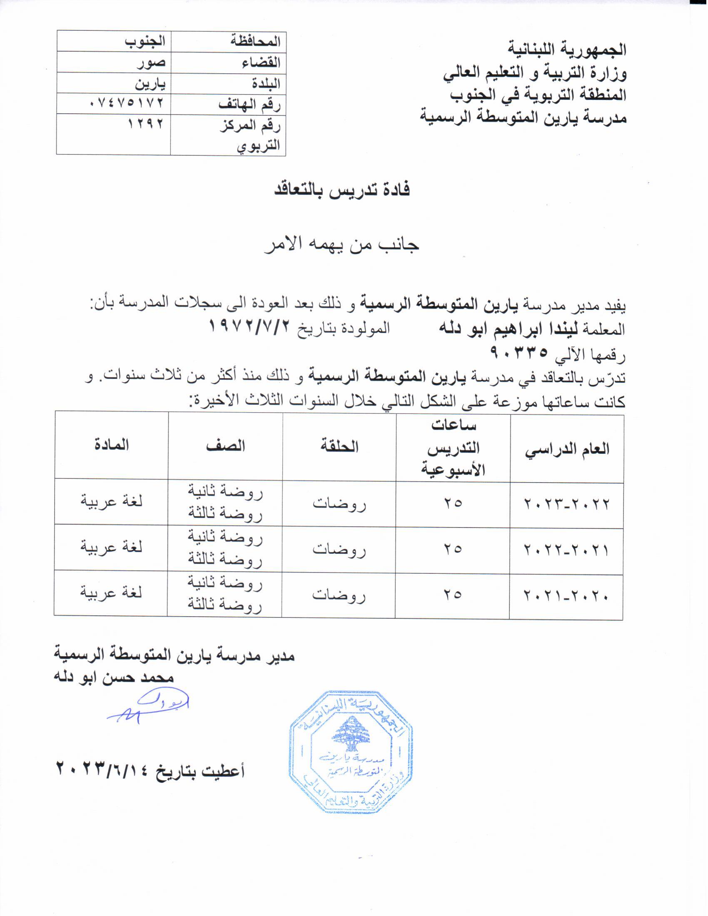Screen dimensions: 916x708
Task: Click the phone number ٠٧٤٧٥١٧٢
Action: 126,103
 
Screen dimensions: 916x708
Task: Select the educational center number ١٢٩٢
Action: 145,124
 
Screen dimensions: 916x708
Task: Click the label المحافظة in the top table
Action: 255,41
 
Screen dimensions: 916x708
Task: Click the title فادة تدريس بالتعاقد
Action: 342,190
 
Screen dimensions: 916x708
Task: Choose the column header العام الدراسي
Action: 567,449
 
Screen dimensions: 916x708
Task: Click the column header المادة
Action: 111,445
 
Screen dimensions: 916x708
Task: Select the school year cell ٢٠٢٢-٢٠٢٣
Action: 567,503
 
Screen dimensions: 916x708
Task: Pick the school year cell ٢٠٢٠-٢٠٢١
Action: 567,595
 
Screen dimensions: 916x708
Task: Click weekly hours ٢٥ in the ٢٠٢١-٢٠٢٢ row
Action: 453,549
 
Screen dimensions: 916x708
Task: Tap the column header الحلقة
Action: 339,446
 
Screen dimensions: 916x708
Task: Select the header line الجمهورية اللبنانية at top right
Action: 567,50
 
